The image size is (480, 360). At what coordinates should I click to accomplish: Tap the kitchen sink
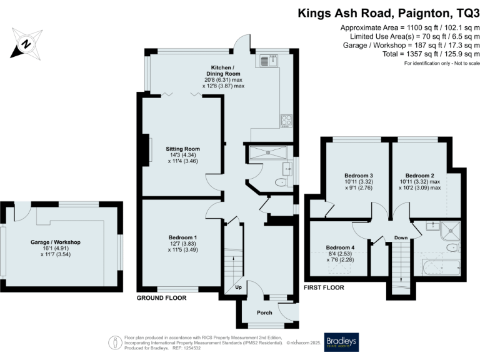pyautogui.click(x=269, y=61)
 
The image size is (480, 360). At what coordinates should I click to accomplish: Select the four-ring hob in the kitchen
pyautogui.click(x=286, y=119)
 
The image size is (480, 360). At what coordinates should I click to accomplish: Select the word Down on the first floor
pyautogui.click(x=401, y=237)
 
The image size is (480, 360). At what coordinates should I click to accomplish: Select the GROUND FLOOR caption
pyautogui.click(x=161, y=299)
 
